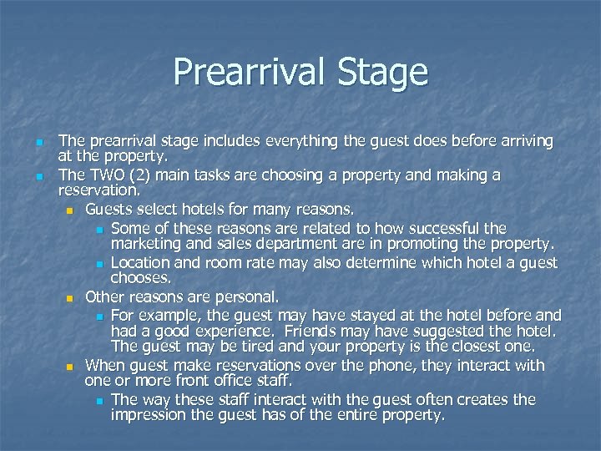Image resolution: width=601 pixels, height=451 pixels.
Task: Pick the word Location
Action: click(142, 262)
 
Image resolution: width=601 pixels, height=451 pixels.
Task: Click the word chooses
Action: click(141, 277)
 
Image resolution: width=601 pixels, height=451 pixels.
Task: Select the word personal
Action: click(250, 296)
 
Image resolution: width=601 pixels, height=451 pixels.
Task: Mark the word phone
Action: click(381, 365)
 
